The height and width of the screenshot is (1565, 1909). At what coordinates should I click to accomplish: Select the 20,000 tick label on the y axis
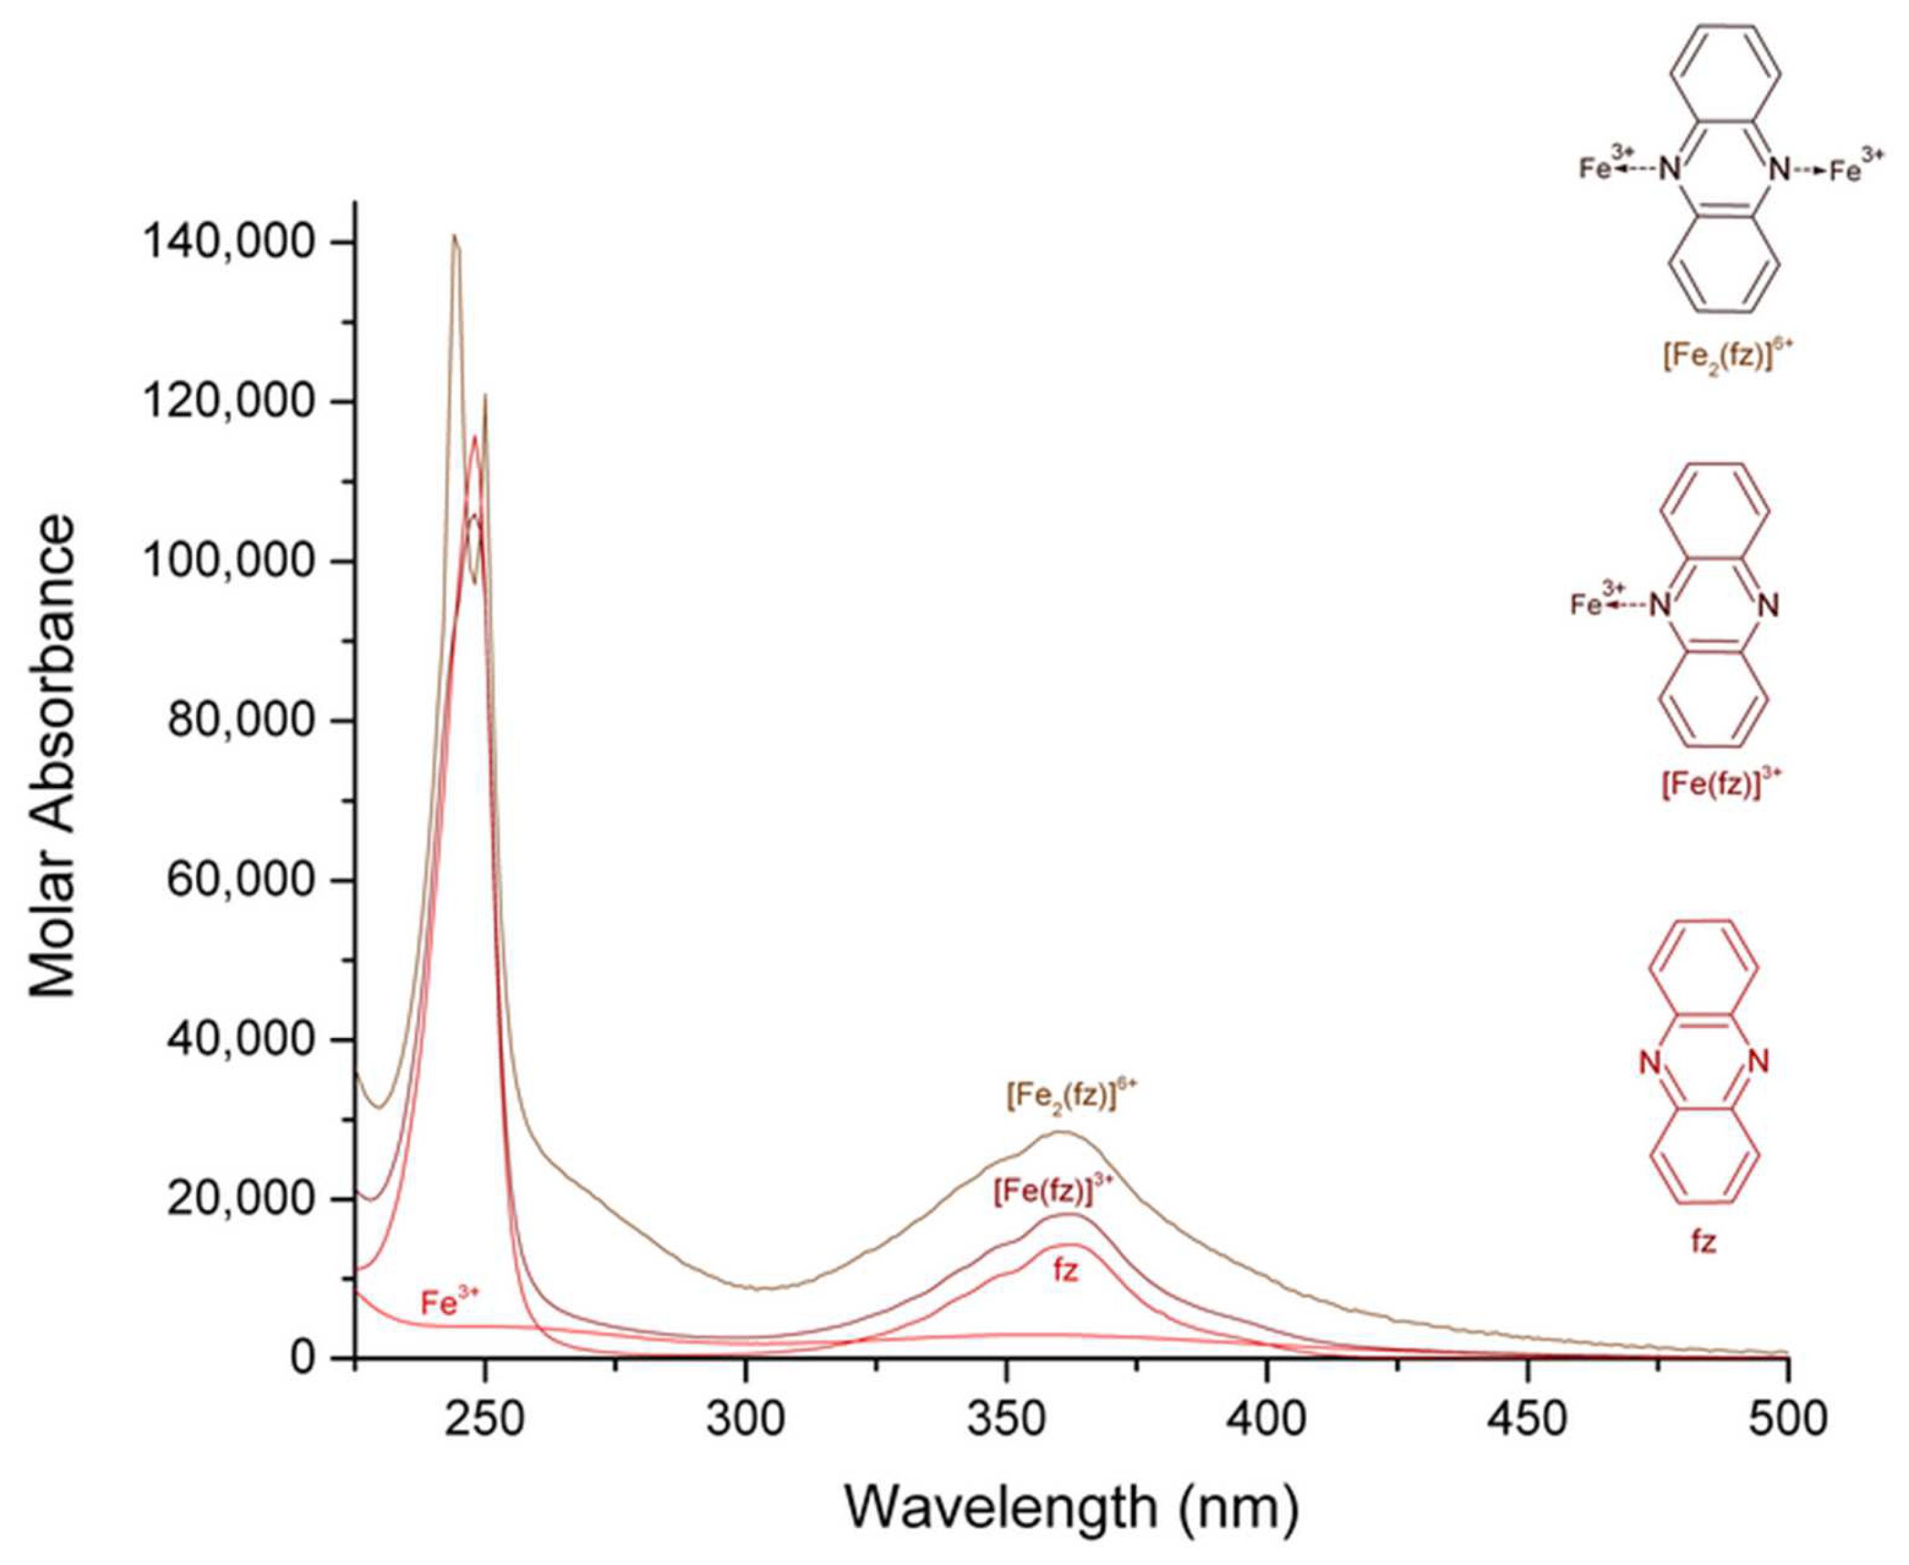241,1200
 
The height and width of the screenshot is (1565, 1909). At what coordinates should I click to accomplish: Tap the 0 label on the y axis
304,1359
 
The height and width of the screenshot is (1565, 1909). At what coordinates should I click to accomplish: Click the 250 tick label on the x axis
485,1419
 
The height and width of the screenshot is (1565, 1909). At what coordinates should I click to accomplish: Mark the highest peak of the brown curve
454,237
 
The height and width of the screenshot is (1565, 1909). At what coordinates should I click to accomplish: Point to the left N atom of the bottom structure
1650,1063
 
